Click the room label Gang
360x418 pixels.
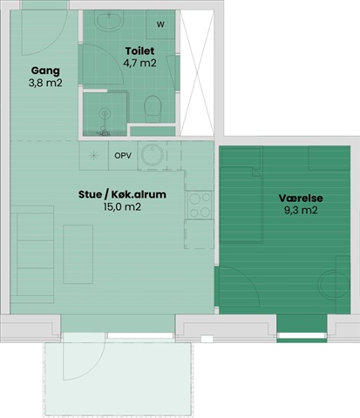pos(45,71)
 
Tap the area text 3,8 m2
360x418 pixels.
pos(45,83)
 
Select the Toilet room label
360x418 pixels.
pos(139,51)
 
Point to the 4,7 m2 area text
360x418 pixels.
pos(139,63)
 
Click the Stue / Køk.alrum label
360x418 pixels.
pos(122,194)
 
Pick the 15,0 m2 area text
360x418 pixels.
pos(122,207)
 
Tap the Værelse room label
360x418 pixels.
pos(301,198)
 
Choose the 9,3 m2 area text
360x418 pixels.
pos(301,210)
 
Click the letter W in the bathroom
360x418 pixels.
pos(160,24)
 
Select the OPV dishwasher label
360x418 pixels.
pos(123,156)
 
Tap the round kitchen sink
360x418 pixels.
pos(153,155)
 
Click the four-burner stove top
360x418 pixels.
pos(200,205)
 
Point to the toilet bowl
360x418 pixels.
pos(153,109)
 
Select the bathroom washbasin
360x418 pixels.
pos(109,20)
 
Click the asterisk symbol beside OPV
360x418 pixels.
pos(93,156)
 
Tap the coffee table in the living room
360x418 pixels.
pos(78,254)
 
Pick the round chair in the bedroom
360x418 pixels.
pos(334,285)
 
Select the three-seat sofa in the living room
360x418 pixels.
pos(32,254)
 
